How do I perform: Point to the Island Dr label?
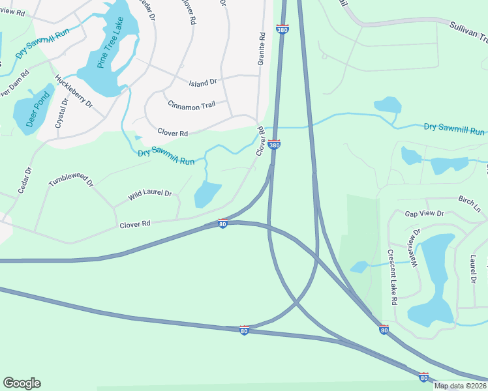tap(202, 83)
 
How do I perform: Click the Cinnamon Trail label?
tap(191, 106)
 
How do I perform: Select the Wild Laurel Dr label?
tap(149, 194)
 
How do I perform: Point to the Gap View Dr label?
tap(424, 214)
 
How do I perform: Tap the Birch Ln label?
tap(469, 203)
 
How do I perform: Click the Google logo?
tap(22, 383)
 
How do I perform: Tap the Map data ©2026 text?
tap(460, 386)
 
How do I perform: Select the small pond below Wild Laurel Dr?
tap(207, 194)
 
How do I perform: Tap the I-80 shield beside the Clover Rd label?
tap(222, 224)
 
